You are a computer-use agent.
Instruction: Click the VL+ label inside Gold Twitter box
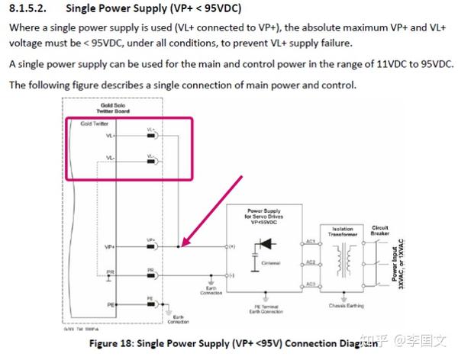pyautogui.click(x=111, y=136)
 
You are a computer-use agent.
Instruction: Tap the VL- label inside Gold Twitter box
pyautogui.click(x=111, y=159)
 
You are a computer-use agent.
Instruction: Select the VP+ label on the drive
pyautogui.click(x=111, y=247)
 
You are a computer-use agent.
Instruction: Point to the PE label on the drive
pyautogui.click(x=111, y=304)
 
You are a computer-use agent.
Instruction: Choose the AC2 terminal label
pyautogui.click(x=310, y=262)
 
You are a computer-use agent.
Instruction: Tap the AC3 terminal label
pyautogui.click(x=310, y=284)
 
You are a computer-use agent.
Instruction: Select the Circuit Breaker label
pyautogui.click(x=380, y=231)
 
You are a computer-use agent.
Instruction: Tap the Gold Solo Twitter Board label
pyautogui.click(x=100, y=108)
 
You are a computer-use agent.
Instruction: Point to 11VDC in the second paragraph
pyautogui.click(x=332, y=64)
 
